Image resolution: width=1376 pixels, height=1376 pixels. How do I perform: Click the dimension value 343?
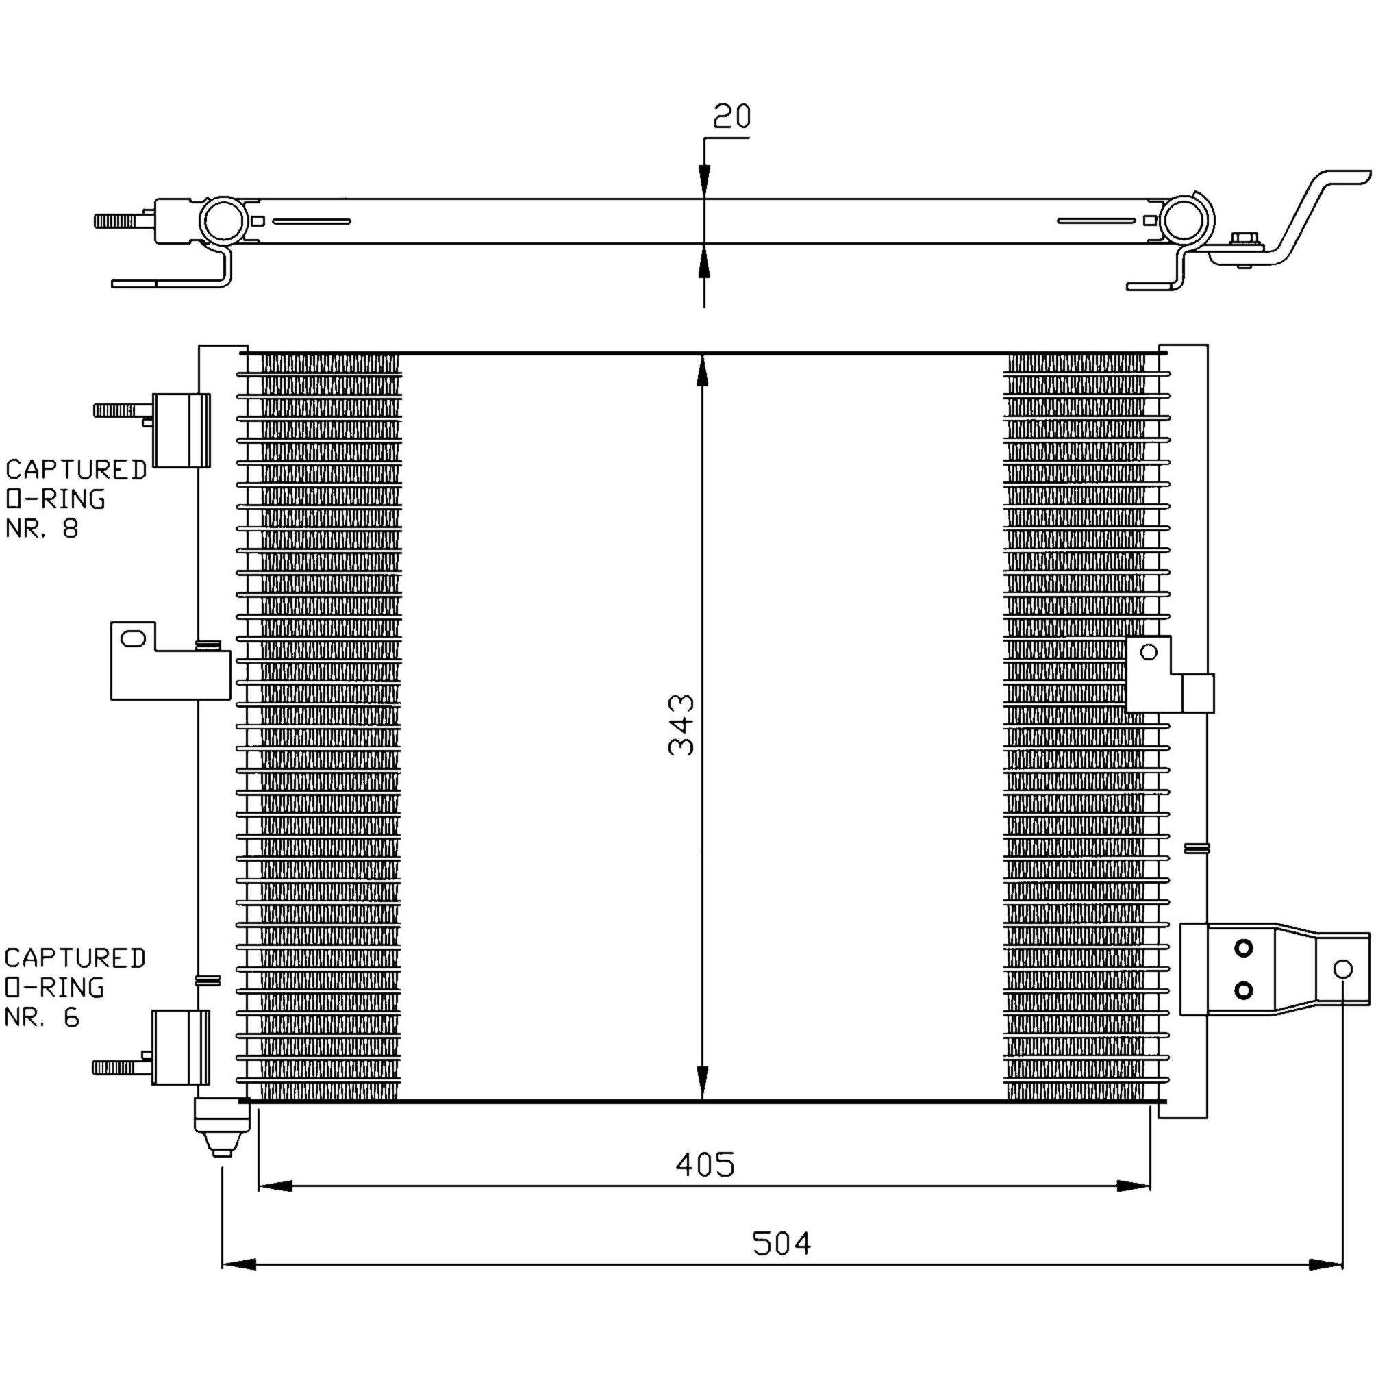[x=681, y=725]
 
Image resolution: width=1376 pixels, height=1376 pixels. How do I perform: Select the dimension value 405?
[x=704, y=1165]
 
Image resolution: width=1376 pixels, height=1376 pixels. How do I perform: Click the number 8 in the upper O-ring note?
[x=70, y=529]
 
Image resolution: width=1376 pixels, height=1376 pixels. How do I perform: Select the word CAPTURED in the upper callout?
[x=76, y=469]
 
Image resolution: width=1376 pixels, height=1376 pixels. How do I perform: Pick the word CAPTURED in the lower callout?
[x=75, y=958]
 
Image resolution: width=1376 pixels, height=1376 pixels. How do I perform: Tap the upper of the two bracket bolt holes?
[x=1244, y=948]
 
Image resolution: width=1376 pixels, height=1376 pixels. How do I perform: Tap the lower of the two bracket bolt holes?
[x=1244, y=990]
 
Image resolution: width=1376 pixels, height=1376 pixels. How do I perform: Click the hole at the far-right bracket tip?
[x=1342, y=969]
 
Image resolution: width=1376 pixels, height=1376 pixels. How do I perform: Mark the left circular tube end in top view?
[x=224, y=220]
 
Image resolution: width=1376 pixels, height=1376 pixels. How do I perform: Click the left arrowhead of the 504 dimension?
[x=239, y=1265]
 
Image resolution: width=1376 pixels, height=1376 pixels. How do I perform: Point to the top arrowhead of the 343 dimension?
[x=703, y=372]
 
